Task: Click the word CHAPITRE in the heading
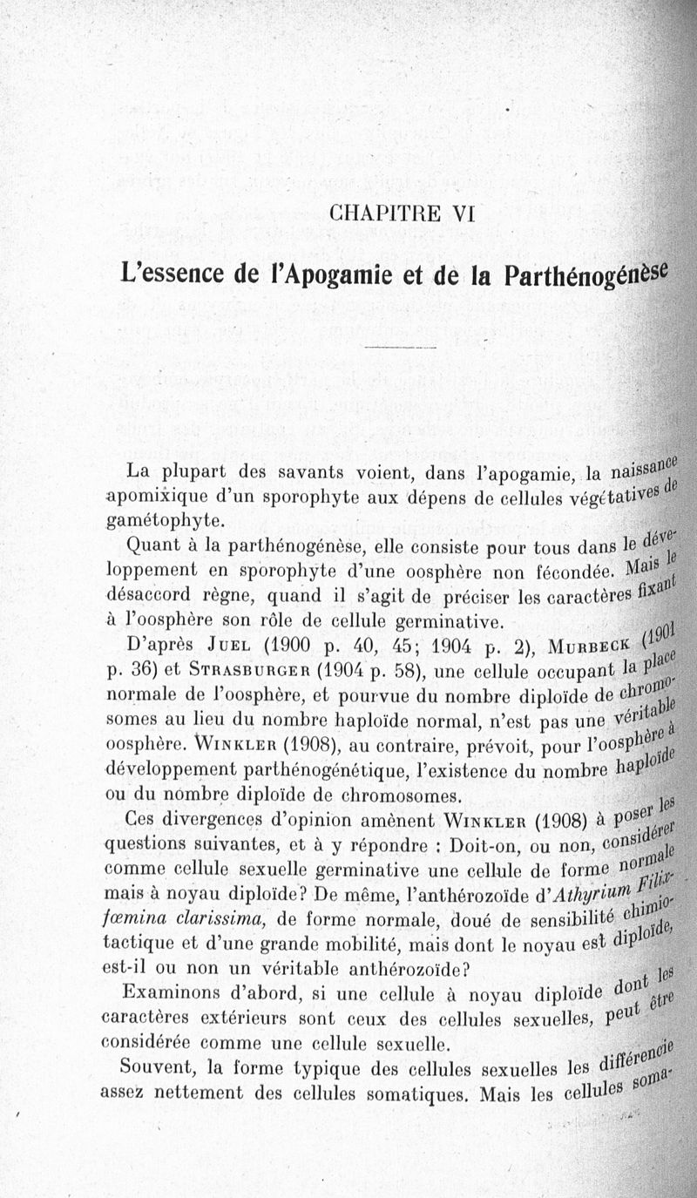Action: (x=377, y=213)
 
